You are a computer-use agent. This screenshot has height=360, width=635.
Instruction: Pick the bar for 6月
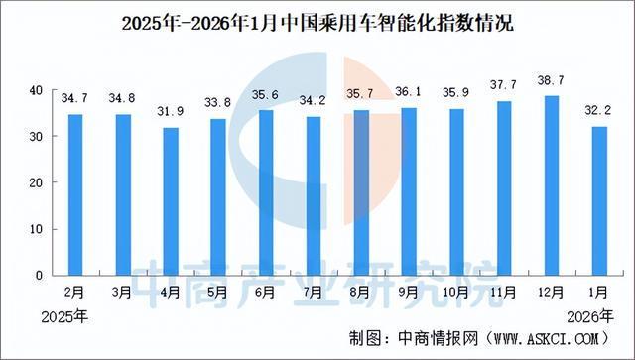coord(266,192)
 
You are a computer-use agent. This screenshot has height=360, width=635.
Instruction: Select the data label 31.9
coord(171,109)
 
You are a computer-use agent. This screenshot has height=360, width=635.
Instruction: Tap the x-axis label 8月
coord(361,294)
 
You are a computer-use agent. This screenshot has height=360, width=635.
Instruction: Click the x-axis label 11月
coord(504,294)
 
